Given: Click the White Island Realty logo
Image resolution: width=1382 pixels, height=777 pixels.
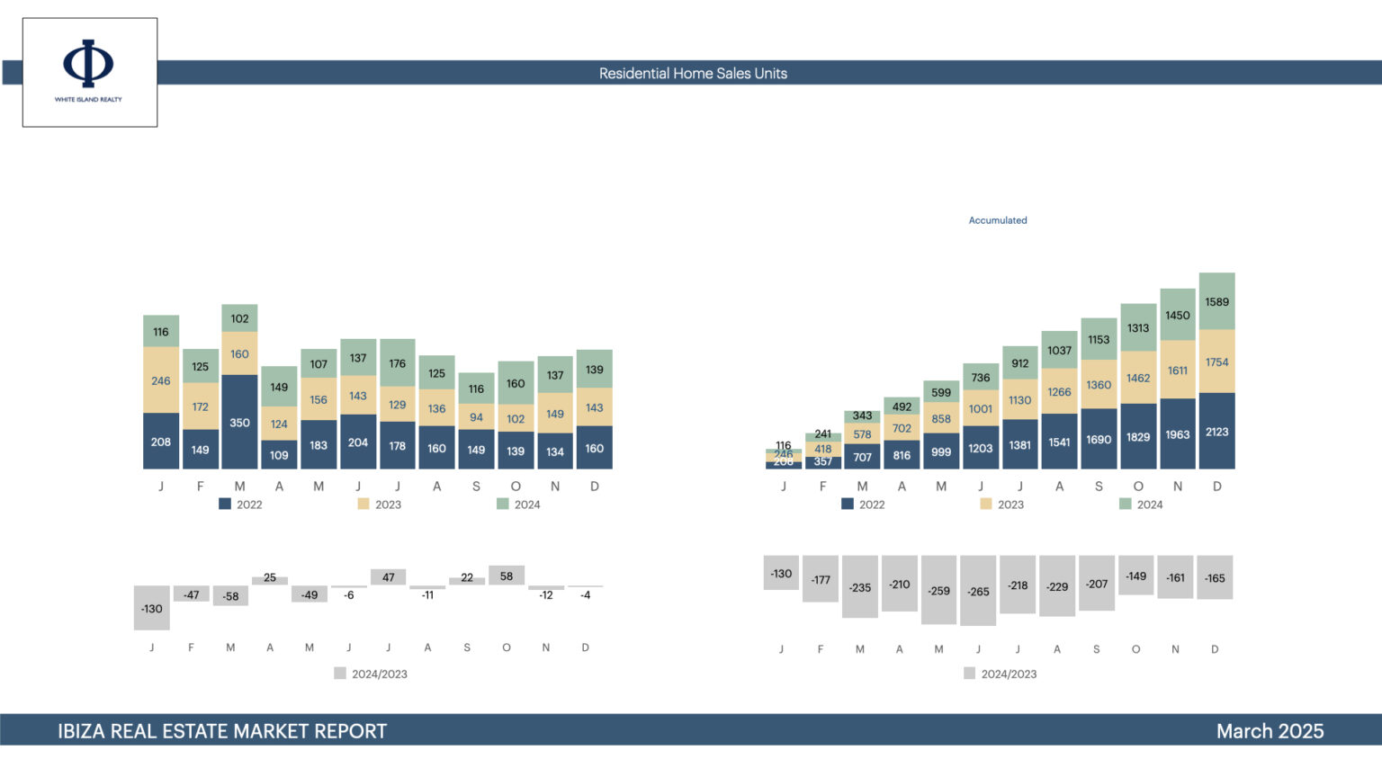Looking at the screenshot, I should pos(89,71).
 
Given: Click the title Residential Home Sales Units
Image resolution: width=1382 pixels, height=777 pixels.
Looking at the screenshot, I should pos(693,74).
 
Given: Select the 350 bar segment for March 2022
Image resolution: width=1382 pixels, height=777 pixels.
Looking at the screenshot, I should pos(239,422).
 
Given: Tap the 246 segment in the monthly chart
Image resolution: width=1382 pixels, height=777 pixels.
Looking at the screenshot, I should pos(161,380).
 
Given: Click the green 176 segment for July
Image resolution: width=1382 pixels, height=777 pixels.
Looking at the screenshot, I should pos(398,363).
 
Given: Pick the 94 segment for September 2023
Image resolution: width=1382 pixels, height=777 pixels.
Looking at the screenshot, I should pos(476,417).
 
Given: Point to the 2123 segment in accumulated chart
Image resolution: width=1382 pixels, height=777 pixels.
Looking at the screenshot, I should pos(1216,432).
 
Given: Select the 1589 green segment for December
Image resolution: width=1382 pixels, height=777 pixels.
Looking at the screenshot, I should pos(1216,302).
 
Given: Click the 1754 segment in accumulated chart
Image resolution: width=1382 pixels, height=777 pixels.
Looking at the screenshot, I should pos(1216,362).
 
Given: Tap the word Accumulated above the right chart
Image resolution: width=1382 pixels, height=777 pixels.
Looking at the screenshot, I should pos(998,220).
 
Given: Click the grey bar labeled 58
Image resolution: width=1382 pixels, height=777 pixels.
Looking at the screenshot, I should pos(507,576).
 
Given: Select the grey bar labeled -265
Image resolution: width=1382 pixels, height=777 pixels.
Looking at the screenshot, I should pos(978,591).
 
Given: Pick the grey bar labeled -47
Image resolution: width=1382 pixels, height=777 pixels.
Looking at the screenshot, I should pos(192,594).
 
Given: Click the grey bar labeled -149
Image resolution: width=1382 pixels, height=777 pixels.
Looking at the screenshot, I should pos(1136,576).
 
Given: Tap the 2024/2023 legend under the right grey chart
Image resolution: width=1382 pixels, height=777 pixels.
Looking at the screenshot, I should pos(1001,674).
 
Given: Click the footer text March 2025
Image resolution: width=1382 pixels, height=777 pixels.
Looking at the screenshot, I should pos(1270,731).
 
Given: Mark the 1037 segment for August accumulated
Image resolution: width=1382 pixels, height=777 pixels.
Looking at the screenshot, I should pos(1059,351).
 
